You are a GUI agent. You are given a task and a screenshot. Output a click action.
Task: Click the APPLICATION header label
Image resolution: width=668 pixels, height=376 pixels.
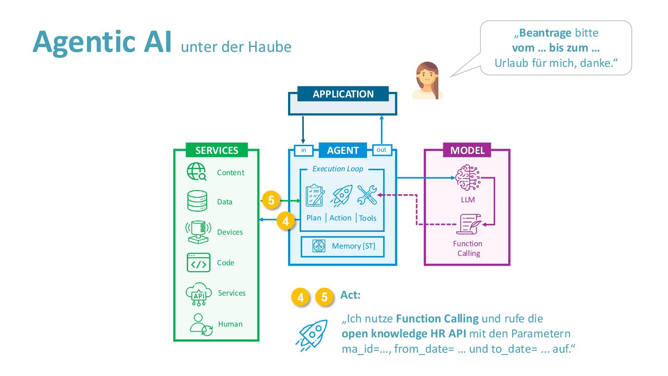point(343,94)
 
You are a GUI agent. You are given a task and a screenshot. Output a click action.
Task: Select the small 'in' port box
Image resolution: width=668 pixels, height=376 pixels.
point(304,150)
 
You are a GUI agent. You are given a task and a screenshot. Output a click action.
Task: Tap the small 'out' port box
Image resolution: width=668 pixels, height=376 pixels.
point(382,150)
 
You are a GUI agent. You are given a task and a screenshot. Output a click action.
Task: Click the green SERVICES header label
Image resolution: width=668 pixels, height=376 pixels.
point(216,150)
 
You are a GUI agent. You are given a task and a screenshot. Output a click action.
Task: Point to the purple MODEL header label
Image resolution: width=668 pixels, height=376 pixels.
point(467,150)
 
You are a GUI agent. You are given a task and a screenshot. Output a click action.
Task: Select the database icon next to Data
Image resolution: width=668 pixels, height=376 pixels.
point(197,201)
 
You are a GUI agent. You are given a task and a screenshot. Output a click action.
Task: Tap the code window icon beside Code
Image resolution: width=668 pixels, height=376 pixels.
point(198,263)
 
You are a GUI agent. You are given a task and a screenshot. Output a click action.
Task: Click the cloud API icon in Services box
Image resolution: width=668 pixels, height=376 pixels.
point(199,294)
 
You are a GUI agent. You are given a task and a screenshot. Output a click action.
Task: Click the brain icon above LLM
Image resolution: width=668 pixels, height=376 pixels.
point(468,178)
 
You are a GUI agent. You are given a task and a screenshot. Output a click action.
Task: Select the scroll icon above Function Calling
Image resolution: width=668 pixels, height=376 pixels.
point(469,224)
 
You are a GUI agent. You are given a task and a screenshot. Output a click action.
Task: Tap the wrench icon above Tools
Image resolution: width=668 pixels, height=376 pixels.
point(367,195)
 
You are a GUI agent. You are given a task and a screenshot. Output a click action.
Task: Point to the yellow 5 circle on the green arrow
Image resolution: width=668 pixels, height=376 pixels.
point(271,200)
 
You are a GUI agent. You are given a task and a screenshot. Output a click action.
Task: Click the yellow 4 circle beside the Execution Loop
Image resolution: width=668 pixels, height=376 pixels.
point(286,221)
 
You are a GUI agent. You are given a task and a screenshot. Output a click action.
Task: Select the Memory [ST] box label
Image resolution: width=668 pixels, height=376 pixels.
point(353,246)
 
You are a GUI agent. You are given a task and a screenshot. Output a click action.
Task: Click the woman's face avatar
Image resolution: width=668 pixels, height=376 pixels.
point(427,80)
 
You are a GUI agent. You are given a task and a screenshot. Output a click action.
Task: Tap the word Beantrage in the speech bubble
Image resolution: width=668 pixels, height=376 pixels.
point(545,33)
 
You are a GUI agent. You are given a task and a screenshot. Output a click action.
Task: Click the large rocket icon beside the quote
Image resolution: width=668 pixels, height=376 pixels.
point(312,335)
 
